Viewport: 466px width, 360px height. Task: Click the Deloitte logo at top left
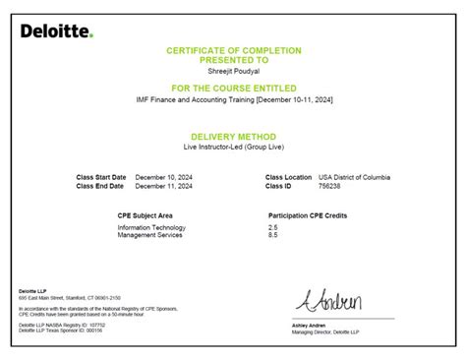57,31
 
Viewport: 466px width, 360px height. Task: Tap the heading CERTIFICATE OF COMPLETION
233,49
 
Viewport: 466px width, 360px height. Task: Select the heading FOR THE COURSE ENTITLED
233,88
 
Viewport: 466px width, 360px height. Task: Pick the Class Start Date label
100,177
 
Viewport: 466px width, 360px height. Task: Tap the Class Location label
289,177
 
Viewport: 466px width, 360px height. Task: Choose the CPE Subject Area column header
146,213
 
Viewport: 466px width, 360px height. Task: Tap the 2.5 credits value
272,226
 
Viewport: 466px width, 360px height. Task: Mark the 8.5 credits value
272,234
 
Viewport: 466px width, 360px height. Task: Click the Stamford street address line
70,296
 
